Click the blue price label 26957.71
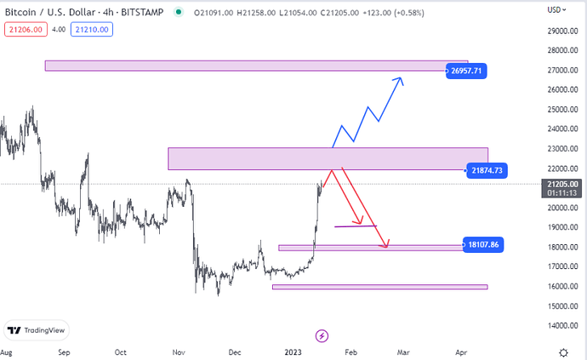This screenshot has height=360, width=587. [x=467, y=71]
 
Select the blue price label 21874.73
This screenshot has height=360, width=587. [x=487, y=171]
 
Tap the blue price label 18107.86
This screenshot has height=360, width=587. [x=482, y=244]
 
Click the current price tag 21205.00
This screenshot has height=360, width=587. [x=563, y=184]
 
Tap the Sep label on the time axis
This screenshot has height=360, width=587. [x=62, y=351]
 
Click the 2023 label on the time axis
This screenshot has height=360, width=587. [x=293, y=351]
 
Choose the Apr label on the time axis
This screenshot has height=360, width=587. [x=462, y=351]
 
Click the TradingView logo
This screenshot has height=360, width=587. [x=37, y=330]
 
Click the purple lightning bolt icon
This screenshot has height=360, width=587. [x=322, y=336]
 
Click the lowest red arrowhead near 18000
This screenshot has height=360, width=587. [x=387, y=245]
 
